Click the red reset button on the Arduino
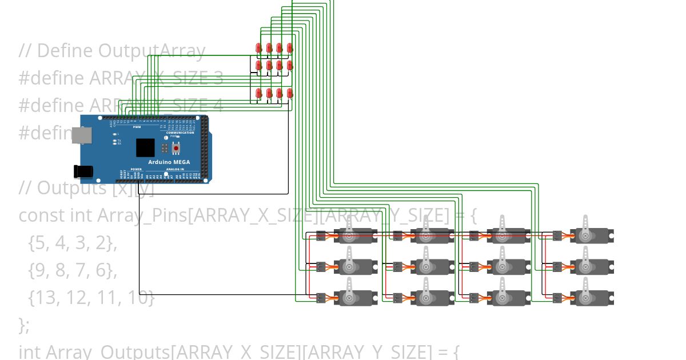tap(176, 148)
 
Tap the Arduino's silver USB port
tap(81, 134)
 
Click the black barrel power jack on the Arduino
tap(83, 171)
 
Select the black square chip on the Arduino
tap(145, 147)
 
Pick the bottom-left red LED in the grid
tap(258, 93)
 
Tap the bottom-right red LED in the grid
tap(290, 93)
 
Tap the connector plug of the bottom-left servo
tap(321, 297)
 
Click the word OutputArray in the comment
tap(151, 51)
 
